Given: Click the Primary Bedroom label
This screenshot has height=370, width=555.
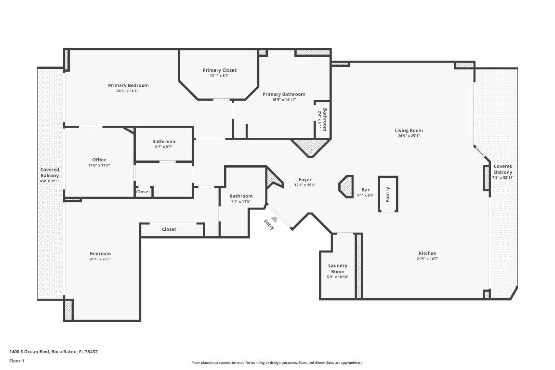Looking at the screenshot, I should coord(128,85).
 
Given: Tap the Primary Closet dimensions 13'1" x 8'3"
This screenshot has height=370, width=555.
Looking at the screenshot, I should coord(219,76).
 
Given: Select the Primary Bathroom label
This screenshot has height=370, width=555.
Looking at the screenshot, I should coord(284,94).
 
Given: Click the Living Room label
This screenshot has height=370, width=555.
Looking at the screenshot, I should coord(409,131).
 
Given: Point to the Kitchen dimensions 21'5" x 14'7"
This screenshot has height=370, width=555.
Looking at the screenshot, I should coord(427,259).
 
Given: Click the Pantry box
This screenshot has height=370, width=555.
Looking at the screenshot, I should coord(388,194).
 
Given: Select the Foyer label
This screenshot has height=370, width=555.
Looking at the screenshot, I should coord(305,180).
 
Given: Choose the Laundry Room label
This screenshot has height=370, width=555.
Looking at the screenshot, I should coord(338,268).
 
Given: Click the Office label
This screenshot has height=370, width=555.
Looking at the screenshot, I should coord(99,160).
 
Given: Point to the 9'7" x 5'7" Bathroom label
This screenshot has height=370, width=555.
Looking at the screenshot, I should coord(164,142).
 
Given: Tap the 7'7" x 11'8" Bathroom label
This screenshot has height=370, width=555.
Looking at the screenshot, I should coord(240,196).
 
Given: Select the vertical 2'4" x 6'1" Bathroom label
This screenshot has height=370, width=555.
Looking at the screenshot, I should coord(325,119).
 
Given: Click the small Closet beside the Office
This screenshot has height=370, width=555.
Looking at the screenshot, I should coord(143,192).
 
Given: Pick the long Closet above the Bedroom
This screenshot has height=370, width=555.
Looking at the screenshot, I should coord(169,229).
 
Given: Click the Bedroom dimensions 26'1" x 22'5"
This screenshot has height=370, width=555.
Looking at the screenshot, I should coord(100,259).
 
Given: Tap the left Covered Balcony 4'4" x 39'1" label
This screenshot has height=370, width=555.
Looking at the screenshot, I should coord(50,172).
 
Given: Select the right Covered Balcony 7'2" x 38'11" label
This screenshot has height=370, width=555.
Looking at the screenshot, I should coord(503,172).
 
